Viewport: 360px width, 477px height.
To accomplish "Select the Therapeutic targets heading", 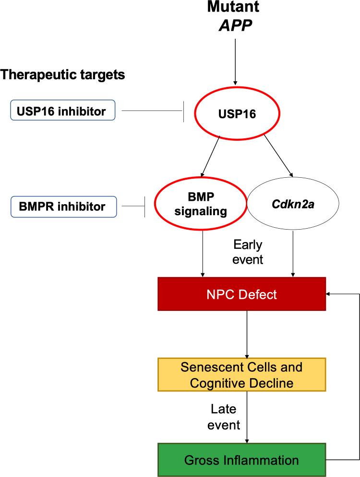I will pyautogui.click(x=63, y=75).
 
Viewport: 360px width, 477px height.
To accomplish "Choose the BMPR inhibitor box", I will pyautogui.click(x=62, y=207).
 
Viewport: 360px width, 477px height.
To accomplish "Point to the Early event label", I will pyautogui.click(x=248, y=252).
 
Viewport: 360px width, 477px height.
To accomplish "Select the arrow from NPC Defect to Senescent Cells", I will pyautogui.click(x=246, y=334).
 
